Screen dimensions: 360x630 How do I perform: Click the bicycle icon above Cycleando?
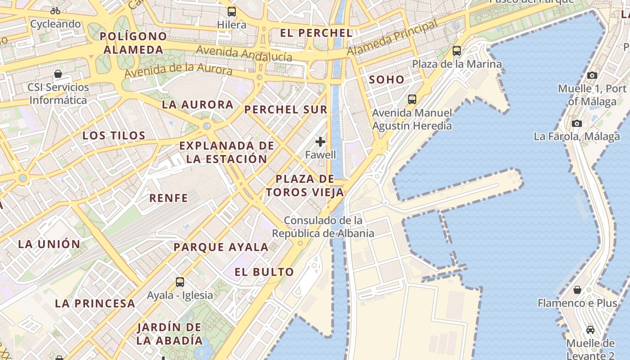(x=55, y=11)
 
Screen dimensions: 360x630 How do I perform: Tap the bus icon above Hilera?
(x=232, y=12)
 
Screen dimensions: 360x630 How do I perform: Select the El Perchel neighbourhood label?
(x=316, y=33)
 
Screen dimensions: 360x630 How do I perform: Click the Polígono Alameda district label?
(x=133, y=43)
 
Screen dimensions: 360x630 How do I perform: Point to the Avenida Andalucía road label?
(x=244, y=53)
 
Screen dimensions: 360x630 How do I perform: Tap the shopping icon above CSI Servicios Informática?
(x=58, y=74)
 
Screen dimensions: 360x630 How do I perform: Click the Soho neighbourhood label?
(x=387, y=80)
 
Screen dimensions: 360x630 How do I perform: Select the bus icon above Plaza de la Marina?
(x=457, y=51)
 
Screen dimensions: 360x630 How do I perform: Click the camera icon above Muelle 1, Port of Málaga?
(x=592, y=75)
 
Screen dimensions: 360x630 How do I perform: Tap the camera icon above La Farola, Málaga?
(x=576, y=123)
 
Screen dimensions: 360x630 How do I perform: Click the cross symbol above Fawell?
(x=320, y=142)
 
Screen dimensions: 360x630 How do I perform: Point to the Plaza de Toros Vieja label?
(x=305, y=185)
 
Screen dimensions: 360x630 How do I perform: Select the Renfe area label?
(x=168, y=198)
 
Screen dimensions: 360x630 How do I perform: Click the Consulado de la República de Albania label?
(x=323, y=227)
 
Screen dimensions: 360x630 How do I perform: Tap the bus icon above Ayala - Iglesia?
(x=180, y=282)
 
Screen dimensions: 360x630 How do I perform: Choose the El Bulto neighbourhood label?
(x=264, y=272)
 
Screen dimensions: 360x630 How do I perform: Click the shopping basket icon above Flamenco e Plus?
(x=577, y=290)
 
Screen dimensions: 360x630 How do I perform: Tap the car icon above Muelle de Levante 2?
(x=590, y=330)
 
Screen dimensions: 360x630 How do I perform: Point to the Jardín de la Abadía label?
(x=169, y=333)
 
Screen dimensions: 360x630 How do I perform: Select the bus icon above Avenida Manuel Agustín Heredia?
(x=412, y=99)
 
